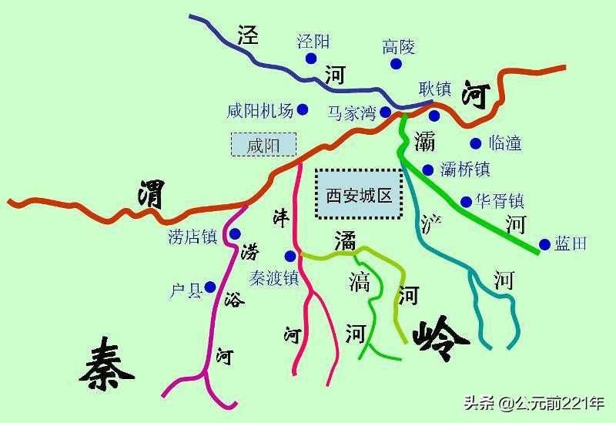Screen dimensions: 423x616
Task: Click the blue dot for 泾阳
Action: (310, 59)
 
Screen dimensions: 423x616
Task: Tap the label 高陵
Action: (399, 48)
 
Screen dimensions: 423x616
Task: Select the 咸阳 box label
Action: (263, 145)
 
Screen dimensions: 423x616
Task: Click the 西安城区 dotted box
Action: (359, 195)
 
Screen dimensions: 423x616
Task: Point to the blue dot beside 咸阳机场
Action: (303, 110)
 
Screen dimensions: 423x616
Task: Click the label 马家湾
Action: (351, 113)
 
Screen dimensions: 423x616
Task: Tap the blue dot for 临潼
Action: (475, 143)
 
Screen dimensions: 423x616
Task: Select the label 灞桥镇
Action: (465, 170)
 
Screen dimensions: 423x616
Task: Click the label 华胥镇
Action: (500, 202)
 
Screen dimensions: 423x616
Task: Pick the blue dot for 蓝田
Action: (544, 244)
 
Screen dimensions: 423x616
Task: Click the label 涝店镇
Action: (192, 237)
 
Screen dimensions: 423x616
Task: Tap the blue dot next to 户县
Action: (209, 287)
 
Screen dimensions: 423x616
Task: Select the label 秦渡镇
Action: (273, 277)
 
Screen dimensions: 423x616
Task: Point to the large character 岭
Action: (440, 337)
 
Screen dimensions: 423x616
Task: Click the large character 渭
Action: (151, 193)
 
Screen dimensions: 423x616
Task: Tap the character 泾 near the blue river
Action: (247, 35)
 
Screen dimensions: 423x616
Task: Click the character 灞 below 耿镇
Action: (424, 141)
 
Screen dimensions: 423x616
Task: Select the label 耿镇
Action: (435, 89)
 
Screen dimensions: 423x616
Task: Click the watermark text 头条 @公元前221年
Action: (534, 403)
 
